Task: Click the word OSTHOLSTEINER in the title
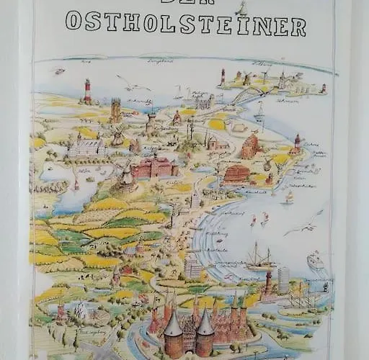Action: point(185,25)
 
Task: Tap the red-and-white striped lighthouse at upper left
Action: point(88,91)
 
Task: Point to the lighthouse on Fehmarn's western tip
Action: point(223,76)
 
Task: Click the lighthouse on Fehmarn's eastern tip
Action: point(324,89)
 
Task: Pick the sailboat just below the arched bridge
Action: point(259,112)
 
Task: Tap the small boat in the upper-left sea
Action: point(59,71)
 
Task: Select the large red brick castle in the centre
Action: point(153,167)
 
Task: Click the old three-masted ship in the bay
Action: point(260,256)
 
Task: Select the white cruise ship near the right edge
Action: point(316,260)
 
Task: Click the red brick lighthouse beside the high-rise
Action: point(270,284)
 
